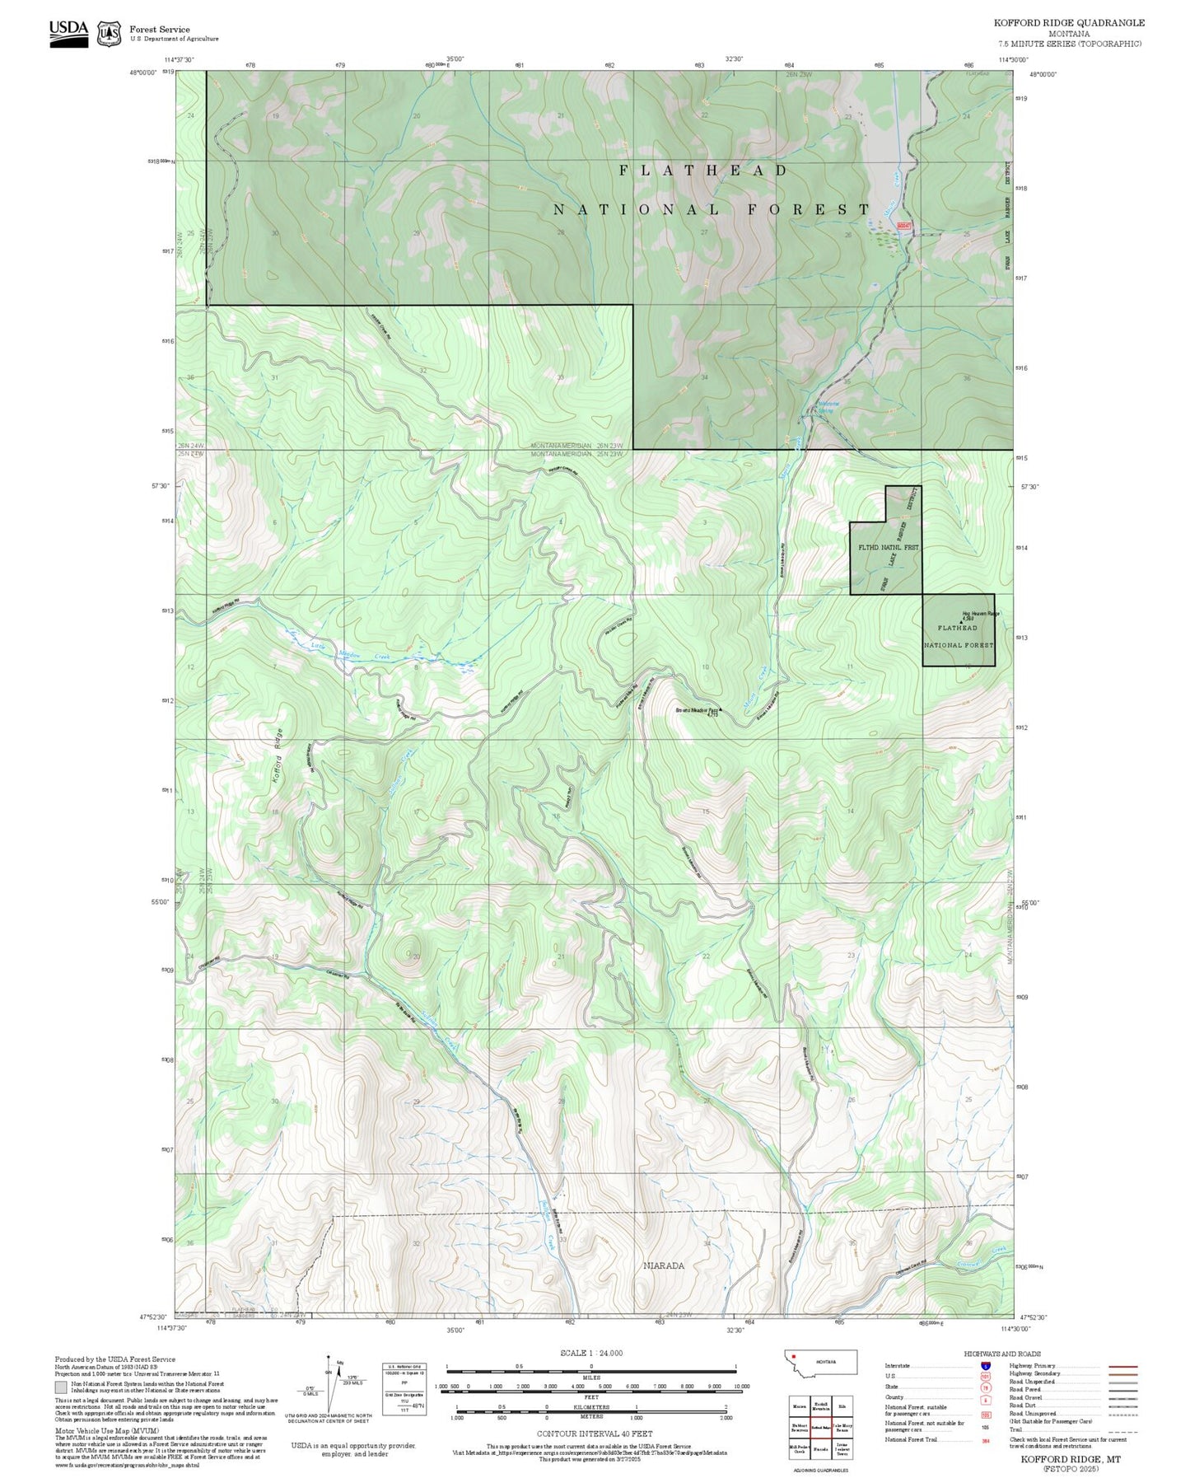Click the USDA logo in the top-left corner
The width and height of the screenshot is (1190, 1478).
pos(68,32)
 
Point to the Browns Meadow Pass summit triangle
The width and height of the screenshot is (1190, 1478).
pos(721,709)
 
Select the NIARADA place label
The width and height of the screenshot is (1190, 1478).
pos(664,1265)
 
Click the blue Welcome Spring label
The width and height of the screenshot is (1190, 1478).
pos(827,406)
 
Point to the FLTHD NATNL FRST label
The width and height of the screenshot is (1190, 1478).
pos(888,547)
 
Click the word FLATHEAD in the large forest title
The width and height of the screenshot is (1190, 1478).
pos(703,171)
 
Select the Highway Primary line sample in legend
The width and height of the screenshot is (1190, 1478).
pos(1123,1366)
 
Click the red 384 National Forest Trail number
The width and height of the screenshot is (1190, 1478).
pos(985,1439)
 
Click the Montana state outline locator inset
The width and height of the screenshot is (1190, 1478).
pos(820,1362)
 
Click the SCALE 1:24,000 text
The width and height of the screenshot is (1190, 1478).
pos(590,1353)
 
